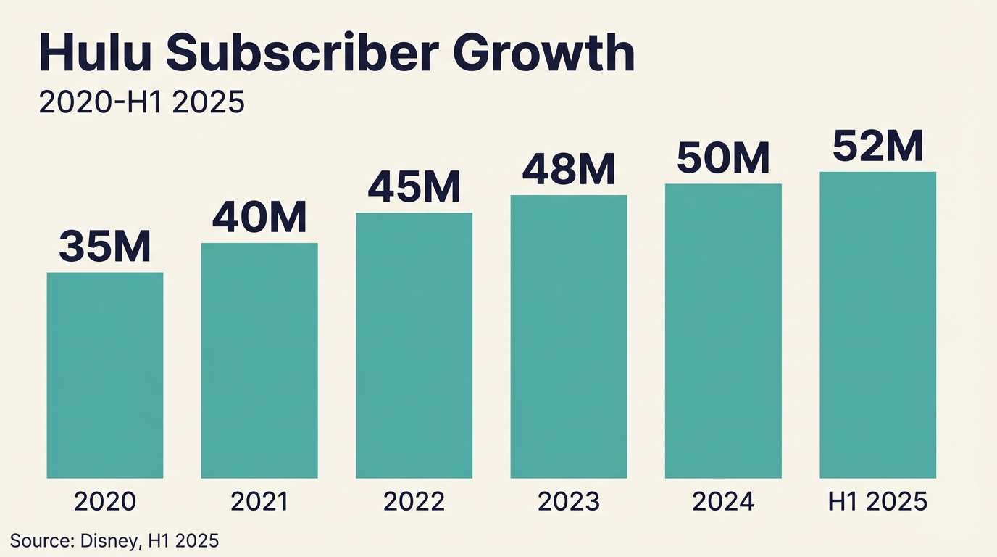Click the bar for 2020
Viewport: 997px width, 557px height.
point(105,375)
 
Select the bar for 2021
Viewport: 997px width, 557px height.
point(259,360)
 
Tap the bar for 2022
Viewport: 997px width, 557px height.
point(414,345)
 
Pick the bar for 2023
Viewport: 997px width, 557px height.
point(569,337)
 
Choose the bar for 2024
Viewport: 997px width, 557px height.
point(723,331)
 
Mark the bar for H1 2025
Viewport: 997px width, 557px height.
point(877,325)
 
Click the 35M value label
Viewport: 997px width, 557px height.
point(105,247)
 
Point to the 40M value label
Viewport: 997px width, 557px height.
point(259,217)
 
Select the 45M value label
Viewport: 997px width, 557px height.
point(414,186)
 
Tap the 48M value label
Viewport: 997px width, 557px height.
point(569,169)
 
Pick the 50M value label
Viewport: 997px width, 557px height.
point(723,157)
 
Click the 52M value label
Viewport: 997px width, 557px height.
point(877,146)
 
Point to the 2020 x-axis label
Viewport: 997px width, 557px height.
point(105,502)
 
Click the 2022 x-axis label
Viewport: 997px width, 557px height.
point(414,502)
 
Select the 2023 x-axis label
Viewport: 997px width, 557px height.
point(569,502)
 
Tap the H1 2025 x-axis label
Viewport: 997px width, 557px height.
point(877,502)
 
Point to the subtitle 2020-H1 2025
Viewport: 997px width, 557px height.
point(141,102)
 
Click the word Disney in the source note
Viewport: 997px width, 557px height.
point(107,540)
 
